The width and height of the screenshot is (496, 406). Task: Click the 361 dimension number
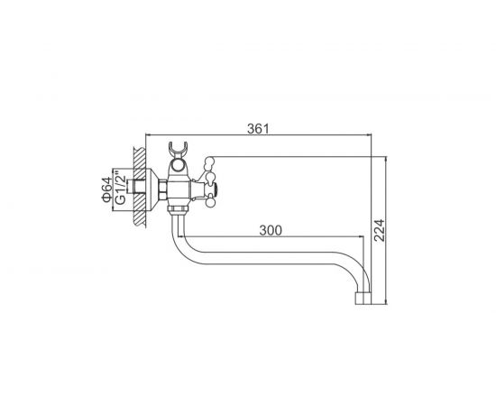[x=258, y=129]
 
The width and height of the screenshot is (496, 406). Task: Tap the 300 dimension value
[x=271, y=230]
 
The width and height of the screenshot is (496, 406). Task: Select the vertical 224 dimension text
[x=379, y=230]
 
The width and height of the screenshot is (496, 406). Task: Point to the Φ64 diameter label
[x=107, y=189]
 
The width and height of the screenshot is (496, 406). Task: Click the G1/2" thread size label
[x=120, y=188]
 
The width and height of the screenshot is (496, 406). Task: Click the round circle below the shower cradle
[x=178, y=165]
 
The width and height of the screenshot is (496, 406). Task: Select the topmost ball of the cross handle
[x=209, y=160]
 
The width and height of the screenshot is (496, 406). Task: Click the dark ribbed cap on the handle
[x=216, y=189]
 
